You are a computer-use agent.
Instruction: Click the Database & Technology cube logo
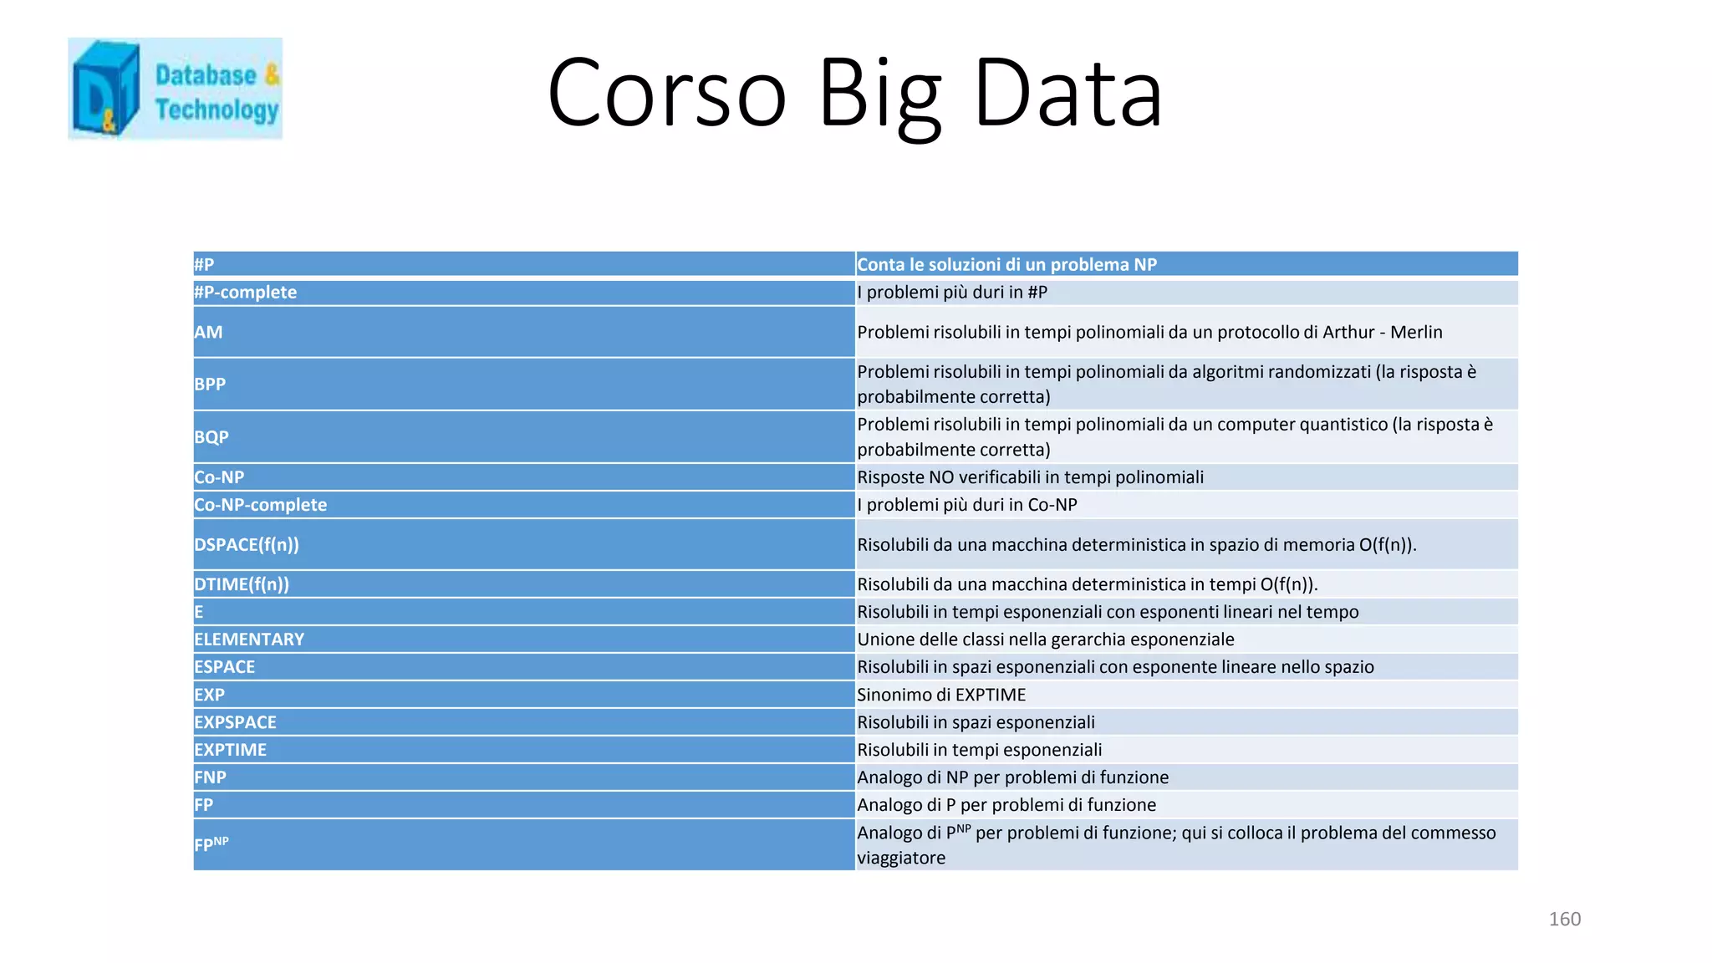[x=106, y=89]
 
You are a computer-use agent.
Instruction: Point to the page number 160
[x=1564, y=919]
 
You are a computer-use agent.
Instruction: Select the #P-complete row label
[x=245, y=293]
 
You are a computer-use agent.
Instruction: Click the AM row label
[x=208, y=332]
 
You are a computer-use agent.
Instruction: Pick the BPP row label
[x=210, y=385]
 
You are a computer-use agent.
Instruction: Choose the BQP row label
[x=211, y=437]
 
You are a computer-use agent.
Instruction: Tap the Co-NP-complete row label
[x=260, y=505]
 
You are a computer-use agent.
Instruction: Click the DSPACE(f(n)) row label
[x=246, y=545]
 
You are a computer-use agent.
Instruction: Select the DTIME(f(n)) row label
[x=241, y=584]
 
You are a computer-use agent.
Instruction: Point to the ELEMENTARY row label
[x=248, y=639]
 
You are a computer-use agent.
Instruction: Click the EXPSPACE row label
[x=235, y=722]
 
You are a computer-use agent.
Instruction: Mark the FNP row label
[x=210, y=777]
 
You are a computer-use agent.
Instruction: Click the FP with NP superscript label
[x=211, y=844]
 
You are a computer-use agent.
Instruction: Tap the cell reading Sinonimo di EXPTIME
[x=941, y=695]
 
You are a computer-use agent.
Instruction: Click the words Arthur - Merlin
[x=1382, y=332]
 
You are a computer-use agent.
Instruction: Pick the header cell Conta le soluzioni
[x=1006, y=265]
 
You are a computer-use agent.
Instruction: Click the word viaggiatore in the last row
[x=901, y=858]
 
